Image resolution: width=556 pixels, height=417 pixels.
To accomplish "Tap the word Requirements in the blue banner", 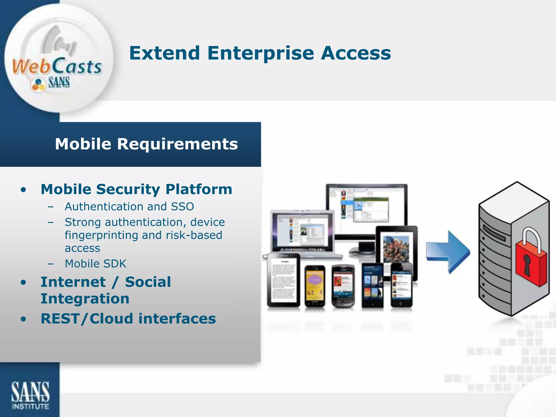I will [177, 144].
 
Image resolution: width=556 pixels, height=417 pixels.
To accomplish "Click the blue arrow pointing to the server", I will [448, 252].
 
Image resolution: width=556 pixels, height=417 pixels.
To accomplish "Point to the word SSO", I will [182, 207].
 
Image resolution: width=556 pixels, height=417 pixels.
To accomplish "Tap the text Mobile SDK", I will [96, 264].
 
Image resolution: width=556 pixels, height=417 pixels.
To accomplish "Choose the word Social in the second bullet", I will [148, 282].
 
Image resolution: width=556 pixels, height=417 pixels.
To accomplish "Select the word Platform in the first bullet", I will [199, 189].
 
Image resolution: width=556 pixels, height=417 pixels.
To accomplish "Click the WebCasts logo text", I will [57, 67].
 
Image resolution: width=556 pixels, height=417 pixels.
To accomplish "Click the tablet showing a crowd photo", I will [396, 248].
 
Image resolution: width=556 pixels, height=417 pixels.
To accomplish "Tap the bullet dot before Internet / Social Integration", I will [24, 283].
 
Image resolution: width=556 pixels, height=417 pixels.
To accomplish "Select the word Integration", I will [85, 299].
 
